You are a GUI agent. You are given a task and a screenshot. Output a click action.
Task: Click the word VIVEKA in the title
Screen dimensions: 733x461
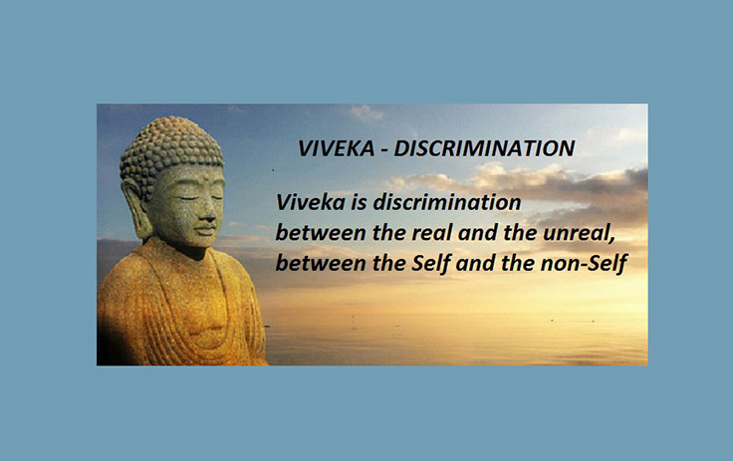pyautogui.click(x=336, y=148)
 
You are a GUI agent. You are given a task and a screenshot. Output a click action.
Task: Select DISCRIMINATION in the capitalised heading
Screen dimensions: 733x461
pyautogui.click(x=484, y=148)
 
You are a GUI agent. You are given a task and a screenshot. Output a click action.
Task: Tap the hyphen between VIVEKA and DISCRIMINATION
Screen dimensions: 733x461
pyautogui.click(x=384, y=150)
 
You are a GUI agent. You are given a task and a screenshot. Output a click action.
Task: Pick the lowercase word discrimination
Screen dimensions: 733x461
pyautogui.click(x=447, y=202)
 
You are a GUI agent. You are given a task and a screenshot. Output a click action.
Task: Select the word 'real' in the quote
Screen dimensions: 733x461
pyautogui.click(x=430, y=232)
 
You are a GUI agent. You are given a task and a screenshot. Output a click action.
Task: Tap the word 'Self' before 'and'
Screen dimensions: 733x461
pyautogui.click(x=430, y=263)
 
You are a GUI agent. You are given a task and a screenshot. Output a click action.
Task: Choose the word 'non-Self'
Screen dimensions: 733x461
pyautogui.click(x=584, y=263)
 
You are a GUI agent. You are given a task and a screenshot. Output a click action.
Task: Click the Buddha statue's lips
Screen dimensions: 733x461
pyautogui.click(x=206, y=230)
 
